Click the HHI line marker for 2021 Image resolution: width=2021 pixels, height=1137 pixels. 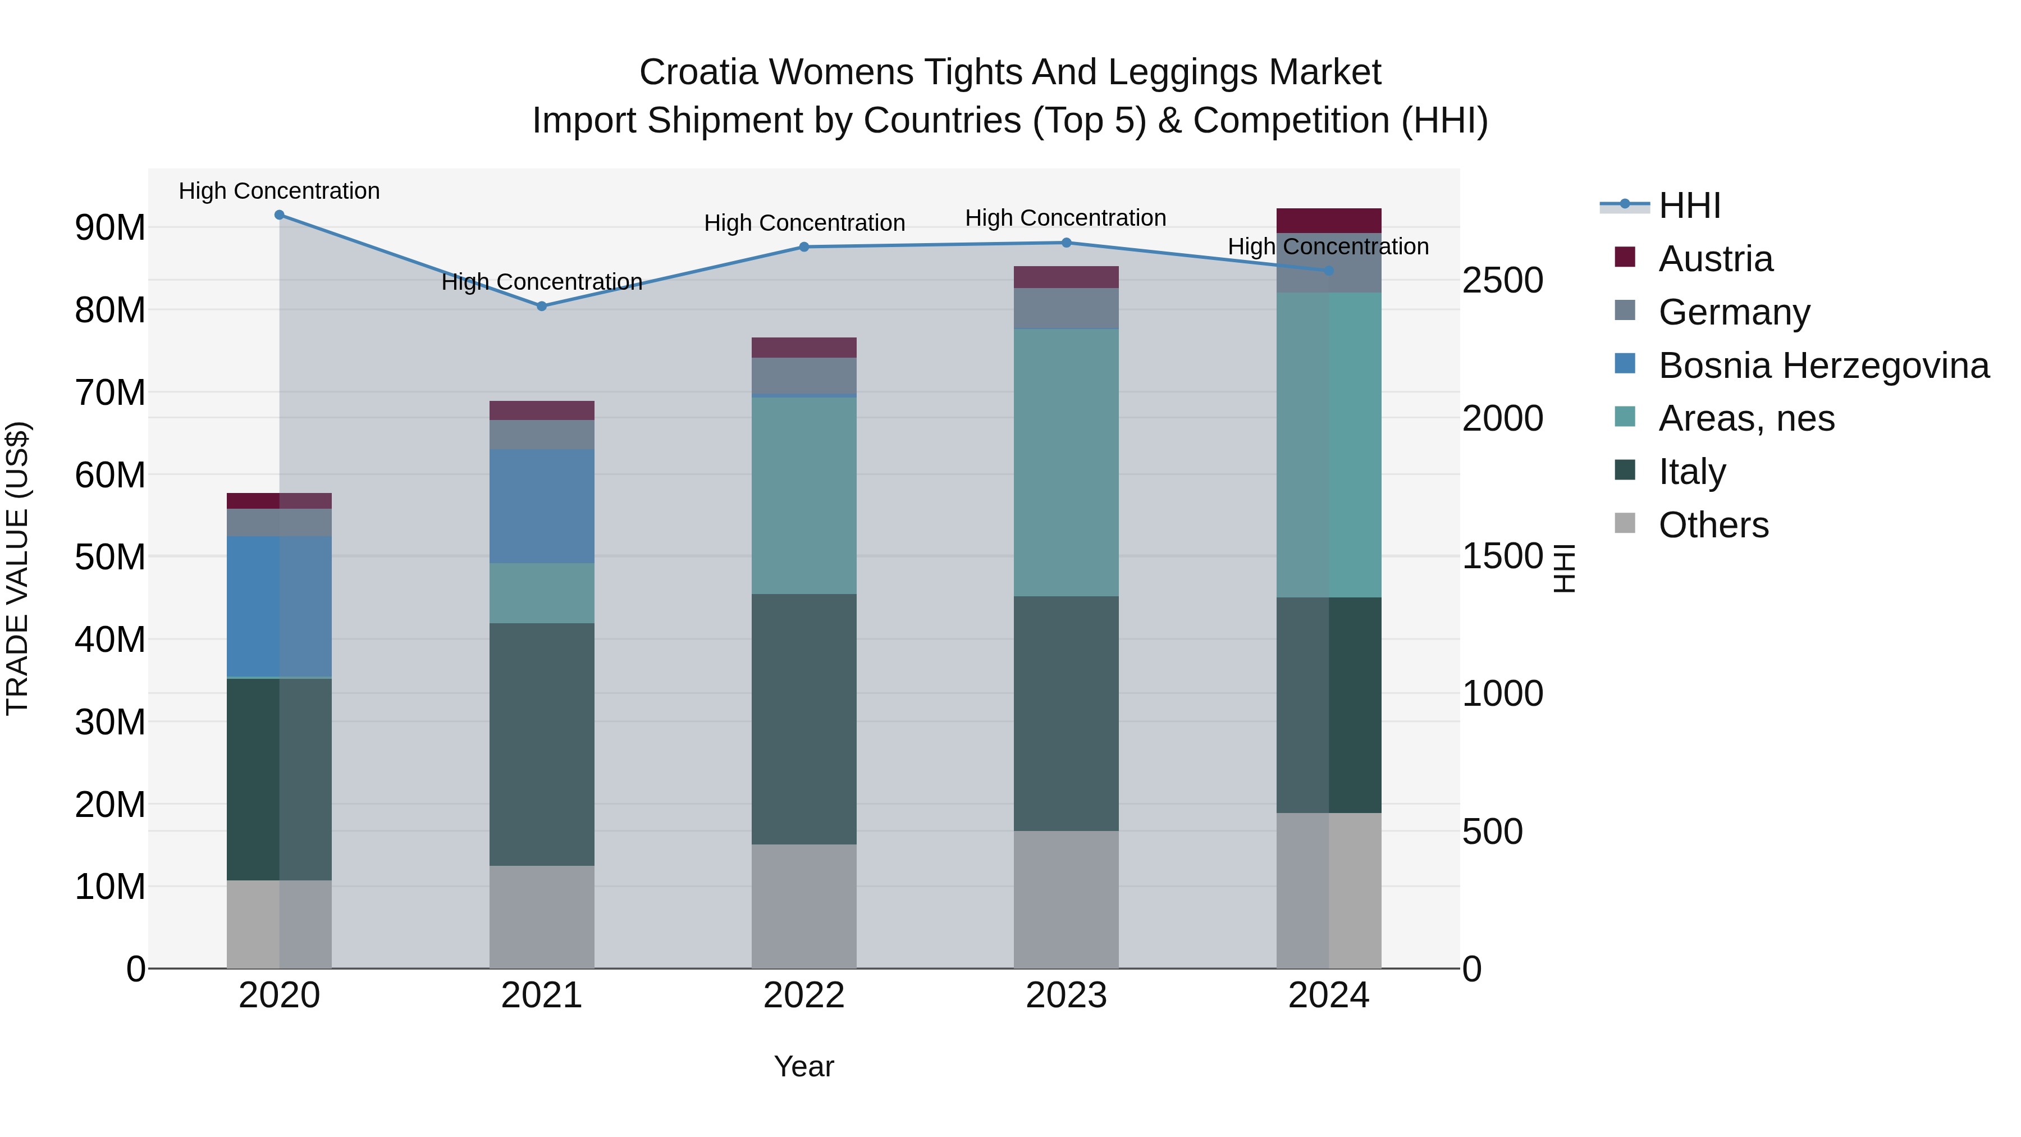541,306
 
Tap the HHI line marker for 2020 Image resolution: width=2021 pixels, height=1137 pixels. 280,215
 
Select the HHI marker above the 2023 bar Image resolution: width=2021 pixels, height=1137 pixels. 1066,243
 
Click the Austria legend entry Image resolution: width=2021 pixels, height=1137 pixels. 1714,259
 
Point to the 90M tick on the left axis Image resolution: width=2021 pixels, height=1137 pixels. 110,227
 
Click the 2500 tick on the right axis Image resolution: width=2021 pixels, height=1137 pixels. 1502,281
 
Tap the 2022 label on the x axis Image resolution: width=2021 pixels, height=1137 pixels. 803,996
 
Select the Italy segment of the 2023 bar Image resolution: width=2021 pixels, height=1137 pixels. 1066,713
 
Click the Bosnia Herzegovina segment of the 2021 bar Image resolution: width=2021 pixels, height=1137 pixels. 541,506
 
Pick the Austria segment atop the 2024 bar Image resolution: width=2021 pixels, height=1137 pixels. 1328,221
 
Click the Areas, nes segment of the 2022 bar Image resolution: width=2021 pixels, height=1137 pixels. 803,495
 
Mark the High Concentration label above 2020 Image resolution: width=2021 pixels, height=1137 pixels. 280,191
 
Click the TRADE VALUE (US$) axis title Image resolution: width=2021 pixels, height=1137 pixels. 17,568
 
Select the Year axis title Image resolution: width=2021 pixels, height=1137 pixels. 803,1066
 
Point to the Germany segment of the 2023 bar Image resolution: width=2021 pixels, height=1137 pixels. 1066,308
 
